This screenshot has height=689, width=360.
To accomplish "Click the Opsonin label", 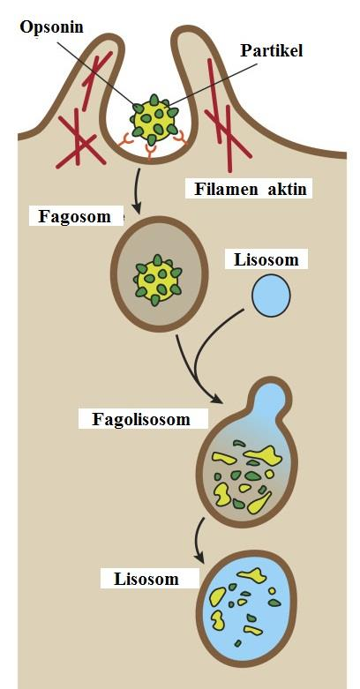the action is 51,26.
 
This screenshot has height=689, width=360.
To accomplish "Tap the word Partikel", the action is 272,50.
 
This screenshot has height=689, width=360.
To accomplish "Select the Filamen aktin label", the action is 250,190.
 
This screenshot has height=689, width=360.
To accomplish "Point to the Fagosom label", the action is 74,217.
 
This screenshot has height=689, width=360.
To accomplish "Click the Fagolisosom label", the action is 141,419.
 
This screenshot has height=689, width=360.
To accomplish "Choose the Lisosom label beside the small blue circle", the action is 266,259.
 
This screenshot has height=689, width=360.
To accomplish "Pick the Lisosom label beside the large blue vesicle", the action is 146,579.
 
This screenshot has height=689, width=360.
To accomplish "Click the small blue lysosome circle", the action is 271,296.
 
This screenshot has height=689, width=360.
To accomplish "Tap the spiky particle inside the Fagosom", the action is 158,280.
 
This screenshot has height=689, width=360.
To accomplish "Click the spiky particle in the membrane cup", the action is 154,118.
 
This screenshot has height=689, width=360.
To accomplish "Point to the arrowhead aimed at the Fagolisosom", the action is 217,399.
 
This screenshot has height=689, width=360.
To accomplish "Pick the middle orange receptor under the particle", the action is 150,153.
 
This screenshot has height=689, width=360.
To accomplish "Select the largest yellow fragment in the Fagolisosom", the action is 263,456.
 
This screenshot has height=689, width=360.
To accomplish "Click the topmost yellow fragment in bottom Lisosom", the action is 252,575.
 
